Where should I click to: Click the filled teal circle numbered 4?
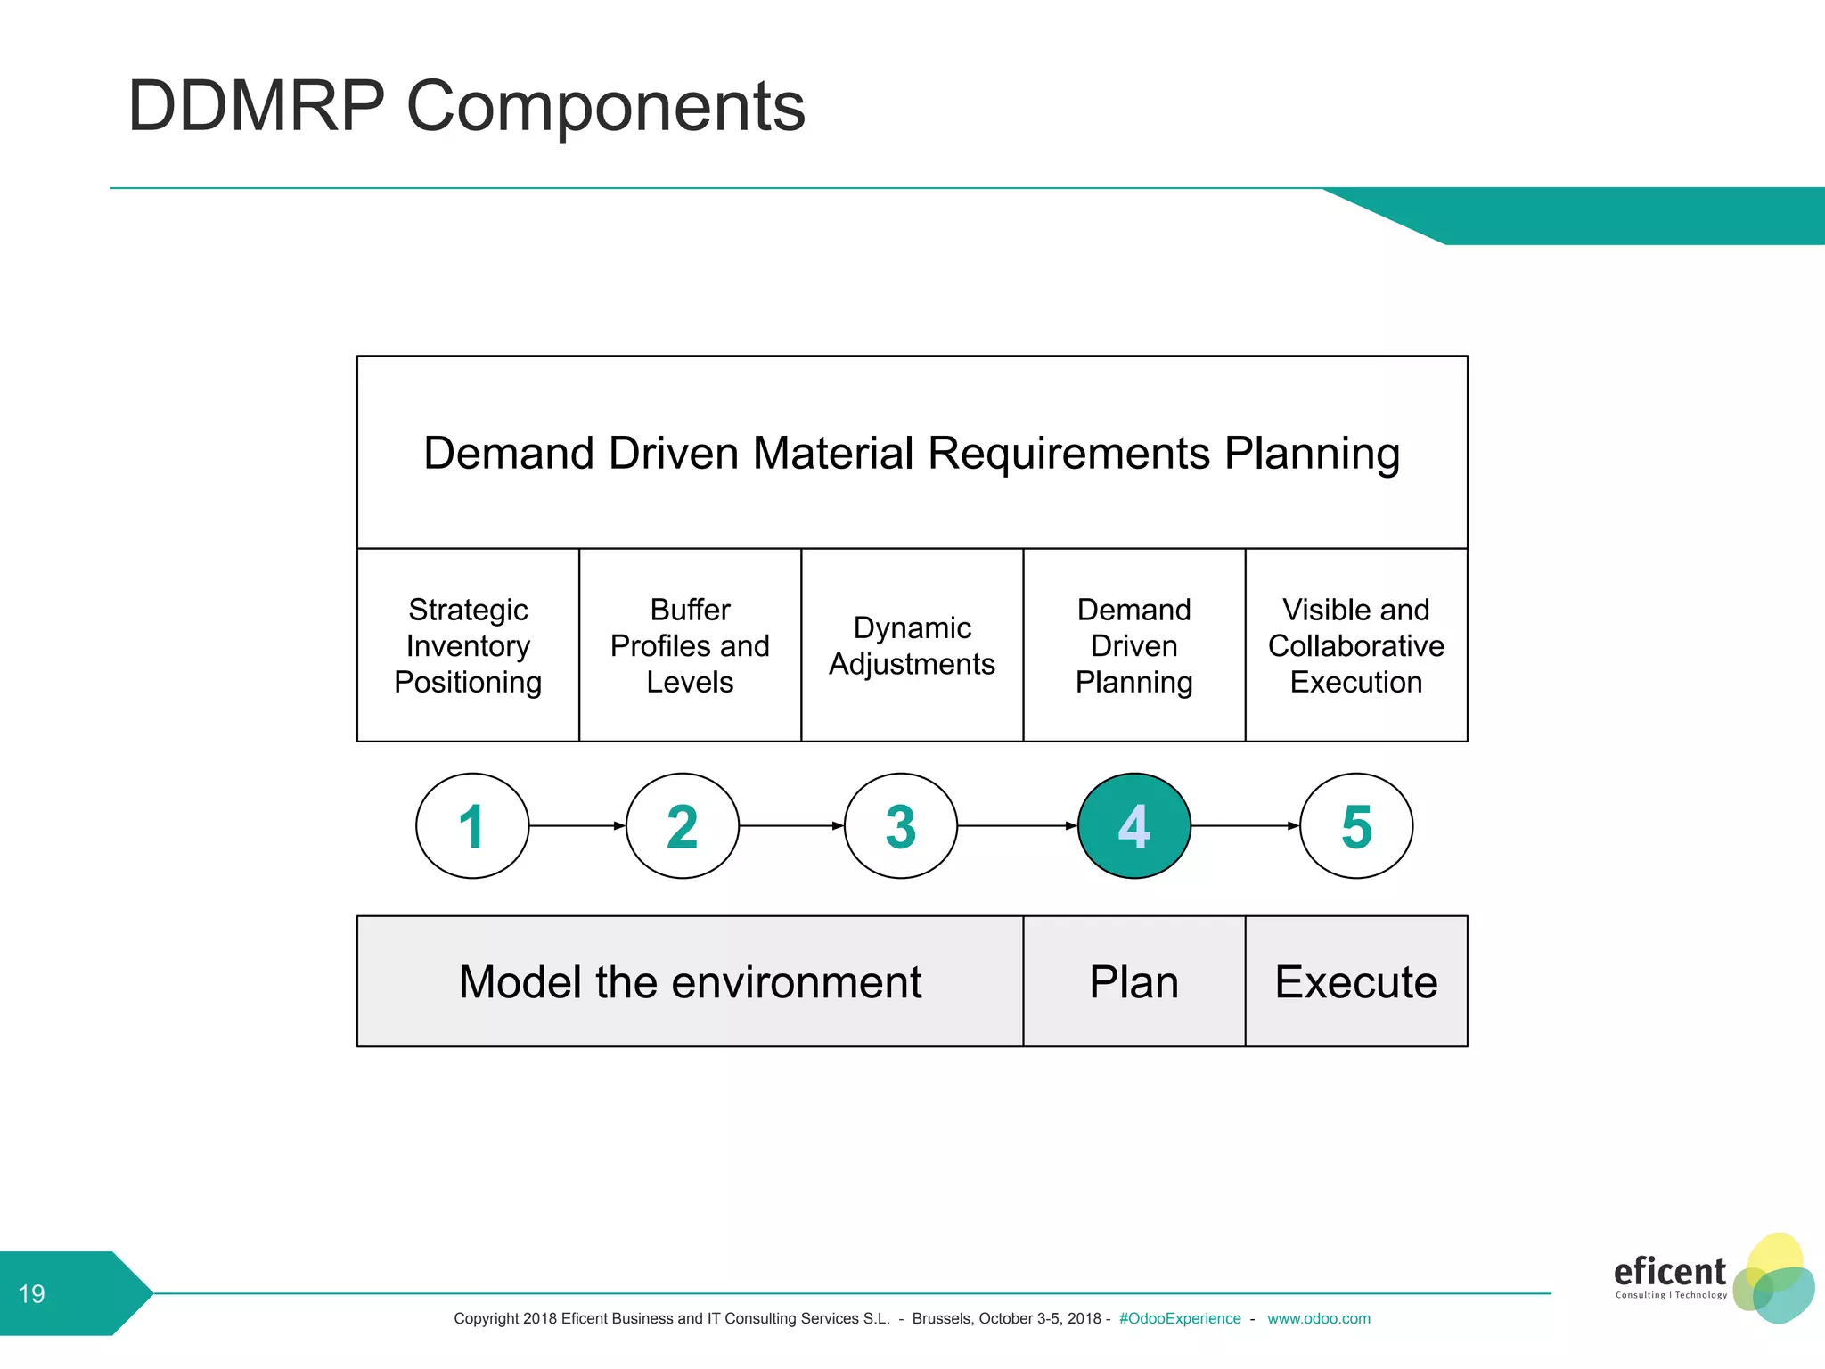[1133, 825]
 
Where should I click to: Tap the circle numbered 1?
[472, 825]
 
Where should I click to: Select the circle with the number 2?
[683, 825]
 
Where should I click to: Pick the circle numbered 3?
[900, 825]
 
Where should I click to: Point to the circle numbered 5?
[1355, 825]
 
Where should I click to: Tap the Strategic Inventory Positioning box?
[468, 645]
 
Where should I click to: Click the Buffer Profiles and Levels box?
[690, 645]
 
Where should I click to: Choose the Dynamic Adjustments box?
[912, 645]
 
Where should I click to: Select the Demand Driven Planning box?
[1133, 645]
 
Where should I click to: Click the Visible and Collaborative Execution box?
[1355, 645]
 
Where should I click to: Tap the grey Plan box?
[1133, 981]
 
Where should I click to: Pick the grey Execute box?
[1355, 981]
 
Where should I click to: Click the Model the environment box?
[690, 981]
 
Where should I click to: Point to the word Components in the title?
[605, 107]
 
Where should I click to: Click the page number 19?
[32, 1293]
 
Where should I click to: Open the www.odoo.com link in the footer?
[1318, 1318]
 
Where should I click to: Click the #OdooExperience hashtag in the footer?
[1179, 1318]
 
